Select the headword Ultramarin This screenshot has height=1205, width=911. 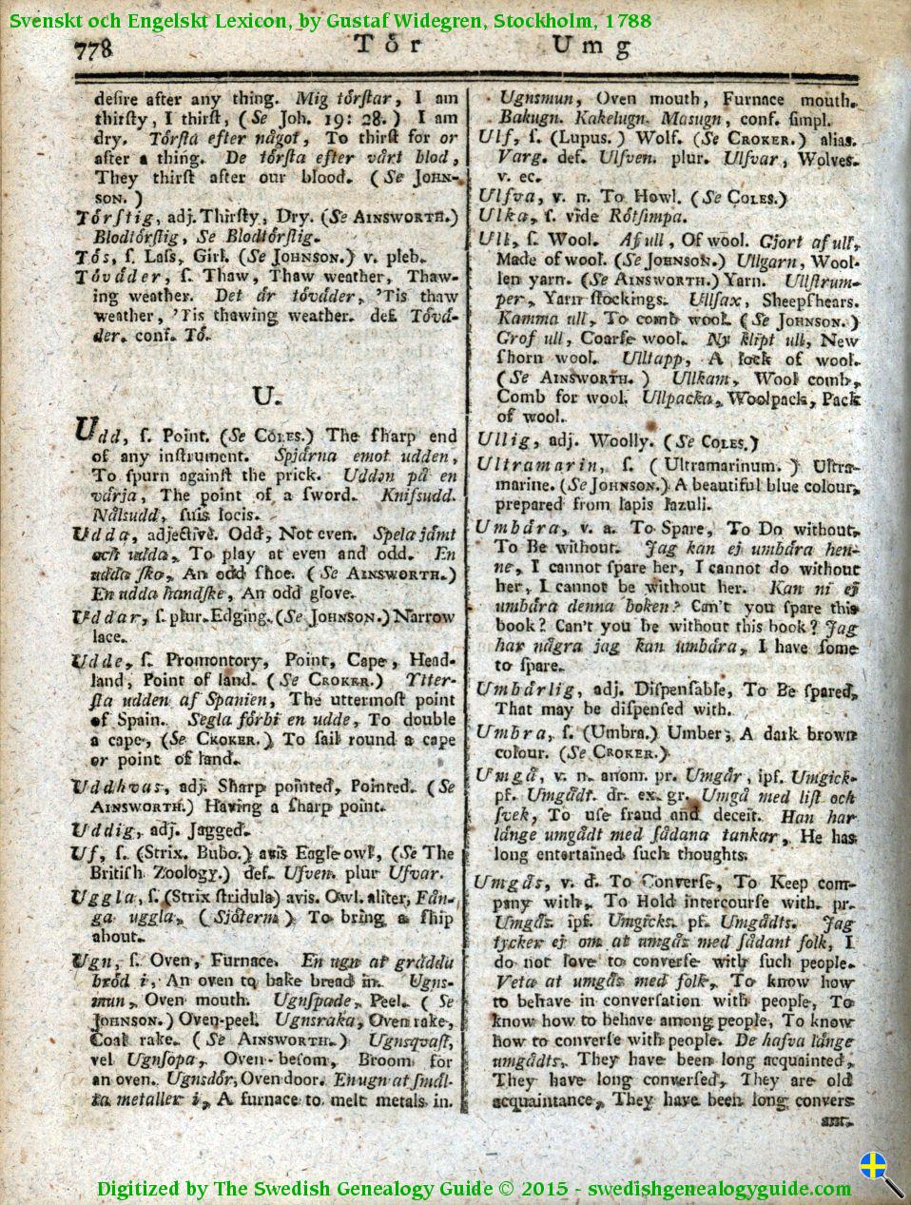point(538,465)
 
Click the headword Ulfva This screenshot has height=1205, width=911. point(507,198)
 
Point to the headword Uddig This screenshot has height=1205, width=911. point(102,830)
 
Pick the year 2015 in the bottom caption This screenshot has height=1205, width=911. point(543,1189)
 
